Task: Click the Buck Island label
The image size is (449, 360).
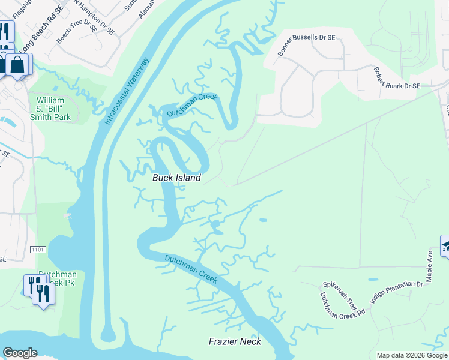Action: tap(176, 178)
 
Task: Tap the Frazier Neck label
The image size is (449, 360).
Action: tap(235, 341)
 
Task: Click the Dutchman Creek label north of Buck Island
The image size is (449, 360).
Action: tap(191, 105)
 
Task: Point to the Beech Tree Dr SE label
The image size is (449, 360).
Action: tap(77, 33)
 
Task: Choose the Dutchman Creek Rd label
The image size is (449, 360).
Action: tap(342, 305)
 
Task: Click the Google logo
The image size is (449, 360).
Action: tap(20, 353)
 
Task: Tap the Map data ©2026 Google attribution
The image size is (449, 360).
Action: tap(411, 355)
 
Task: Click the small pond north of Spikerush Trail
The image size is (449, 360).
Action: tap(373, 280)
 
